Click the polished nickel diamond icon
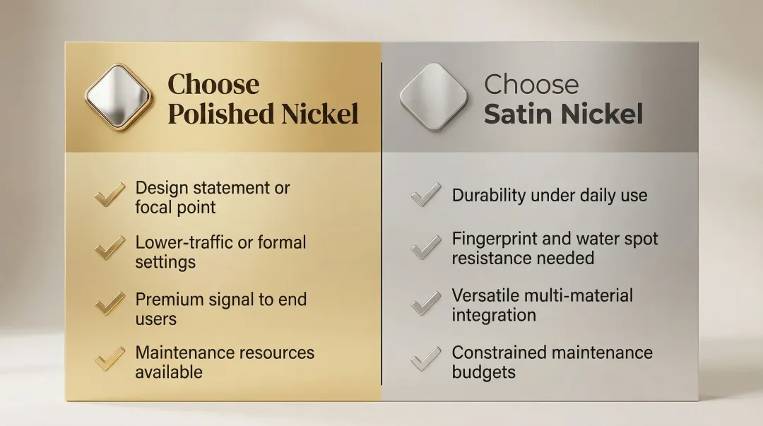(x=118, y=97)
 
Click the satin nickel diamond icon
(x=434, y=97)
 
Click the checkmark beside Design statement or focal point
(x=110, y=195)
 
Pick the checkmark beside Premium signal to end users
(x=110, y=304)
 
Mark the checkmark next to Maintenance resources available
(x=110, y=357)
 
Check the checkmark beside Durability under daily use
(x=426, y=195)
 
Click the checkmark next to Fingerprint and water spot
(x=426, y=247)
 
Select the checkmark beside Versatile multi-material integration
(x=426, y=304)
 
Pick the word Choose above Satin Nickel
(x=531, y=85)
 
